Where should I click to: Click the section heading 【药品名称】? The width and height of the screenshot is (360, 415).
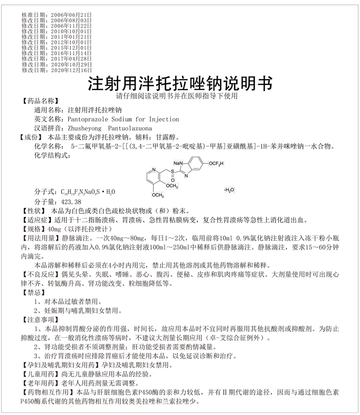(38, 101)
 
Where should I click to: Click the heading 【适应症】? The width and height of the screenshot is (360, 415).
(35, 220)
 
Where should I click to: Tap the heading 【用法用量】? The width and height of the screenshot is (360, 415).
(38, 239)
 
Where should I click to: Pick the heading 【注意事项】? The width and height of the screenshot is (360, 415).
(38, 320)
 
